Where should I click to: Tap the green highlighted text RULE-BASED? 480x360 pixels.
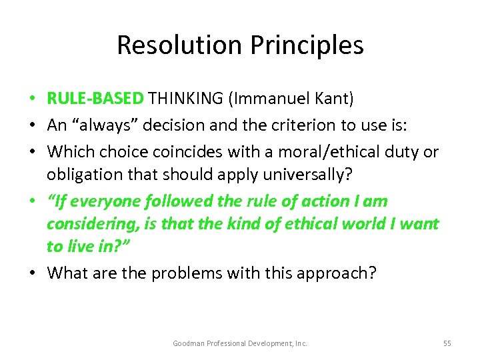point(95,99)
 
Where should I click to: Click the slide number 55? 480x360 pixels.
point(447,343)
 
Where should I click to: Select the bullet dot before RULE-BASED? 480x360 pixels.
point(34,99)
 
